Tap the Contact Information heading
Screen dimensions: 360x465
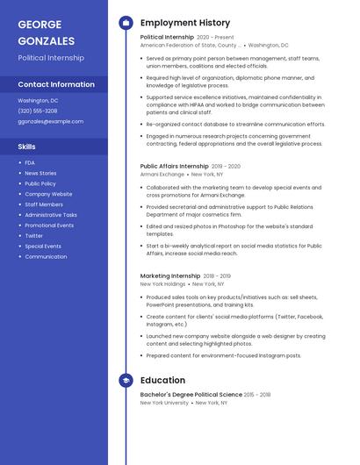(x=56, y=84)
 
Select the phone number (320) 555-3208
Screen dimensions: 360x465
(x=38, y=111)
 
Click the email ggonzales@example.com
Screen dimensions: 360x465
(x=51, y=122)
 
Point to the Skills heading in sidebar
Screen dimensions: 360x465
(x=27, y=147)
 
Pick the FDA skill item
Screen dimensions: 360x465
(x=30, y=162)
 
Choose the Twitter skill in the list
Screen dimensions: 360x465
(x=33, y=236)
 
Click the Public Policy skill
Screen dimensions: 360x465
(x=40, y=183)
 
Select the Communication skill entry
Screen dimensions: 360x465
(x=46, y=257)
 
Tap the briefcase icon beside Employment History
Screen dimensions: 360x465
(x=126, y=22)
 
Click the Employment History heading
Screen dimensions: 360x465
(x=184, y=22)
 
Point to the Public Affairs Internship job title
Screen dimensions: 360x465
(x=174, y=166)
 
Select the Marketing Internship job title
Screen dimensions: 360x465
(x=170, y=275)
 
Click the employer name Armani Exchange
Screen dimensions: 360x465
(x=162, y=175)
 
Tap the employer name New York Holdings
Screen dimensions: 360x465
(x=163, y=284)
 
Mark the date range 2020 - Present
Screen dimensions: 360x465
(x=215, y=38)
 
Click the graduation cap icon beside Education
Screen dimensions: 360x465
(x=126, y=380)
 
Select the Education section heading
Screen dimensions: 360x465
(x=162, y=380)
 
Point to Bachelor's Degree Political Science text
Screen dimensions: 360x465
(x=190, y=395)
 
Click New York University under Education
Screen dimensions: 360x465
(x=164, y=403)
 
